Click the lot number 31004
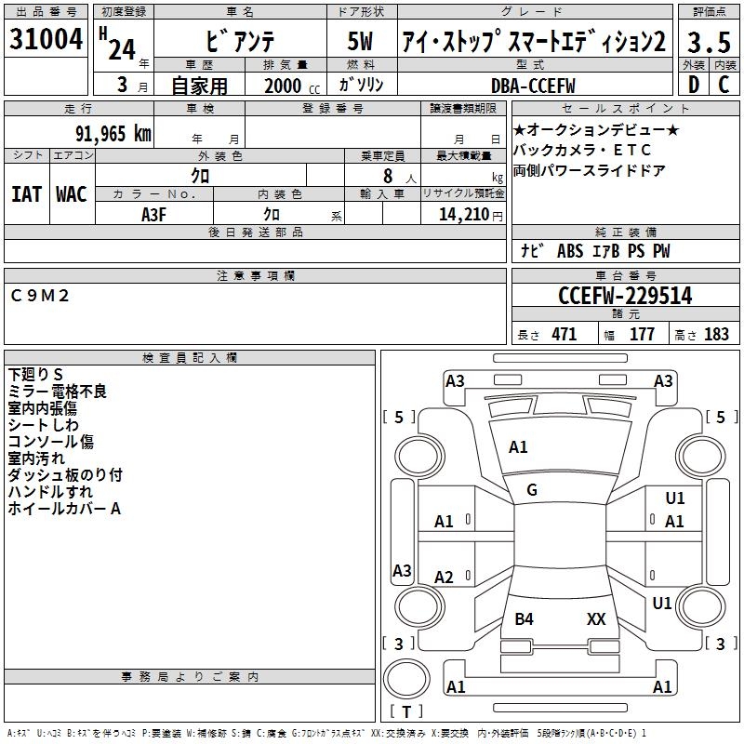click(45, 41)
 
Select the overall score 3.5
click(708, 43)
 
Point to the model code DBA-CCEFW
click(534, 86)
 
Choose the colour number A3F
click(154, 214)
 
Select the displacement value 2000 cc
click(288, 86)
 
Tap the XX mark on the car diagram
click(596, 618)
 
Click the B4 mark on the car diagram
click(525, 618)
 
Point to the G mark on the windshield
click(532, 490)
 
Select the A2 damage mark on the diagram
click(445, 578)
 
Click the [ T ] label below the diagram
click(406, 712)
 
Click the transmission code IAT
click(26, 193)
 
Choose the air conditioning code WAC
click(71, 193)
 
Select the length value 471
click(564, 335)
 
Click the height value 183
click(716, 335)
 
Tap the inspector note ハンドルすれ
click(50, 492)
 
